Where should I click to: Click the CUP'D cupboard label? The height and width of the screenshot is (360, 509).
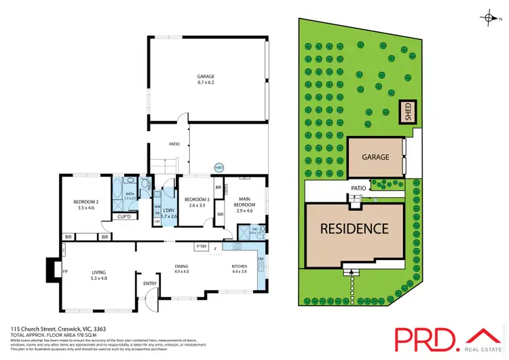[124, 217]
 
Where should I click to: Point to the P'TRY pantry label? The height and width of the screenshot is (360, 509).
[201, 246]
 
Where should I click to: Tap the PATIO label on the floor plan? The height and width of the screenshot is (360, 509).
[174, 144]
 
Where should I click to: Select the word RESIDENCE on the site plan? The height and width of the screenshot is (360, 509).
[354, 229]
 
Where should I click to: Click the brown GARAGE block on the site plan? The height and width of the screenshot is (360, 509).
[375, 157]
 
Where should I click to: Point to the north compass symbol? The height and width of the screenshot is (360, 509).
[489, 19]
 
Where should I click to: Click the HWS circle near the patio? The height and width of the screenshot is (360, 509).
[219, 167]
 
